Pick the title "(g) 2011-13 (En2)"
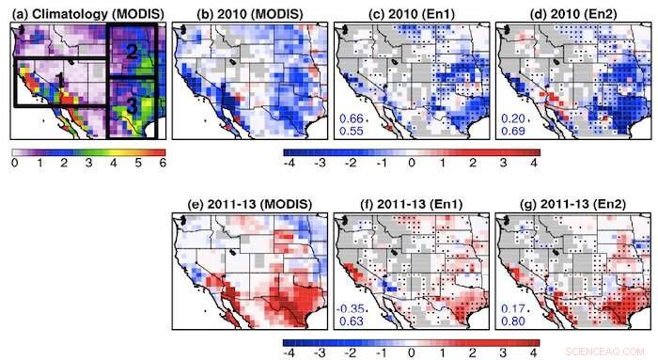click(x=561, y=201)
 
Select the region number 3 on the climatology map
click(x=133, y=107)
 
